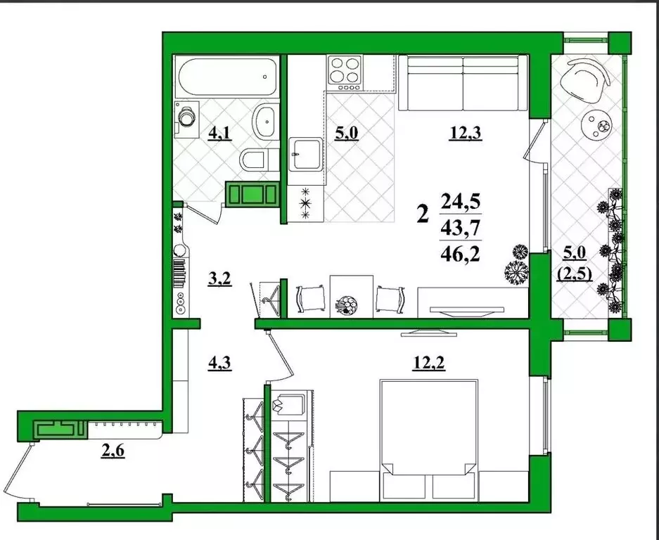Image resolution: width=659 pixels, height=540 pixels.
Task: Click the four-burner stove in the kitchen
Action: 344,70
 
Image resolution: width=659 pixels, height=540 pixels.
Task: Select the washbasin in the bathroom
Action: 266,122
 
